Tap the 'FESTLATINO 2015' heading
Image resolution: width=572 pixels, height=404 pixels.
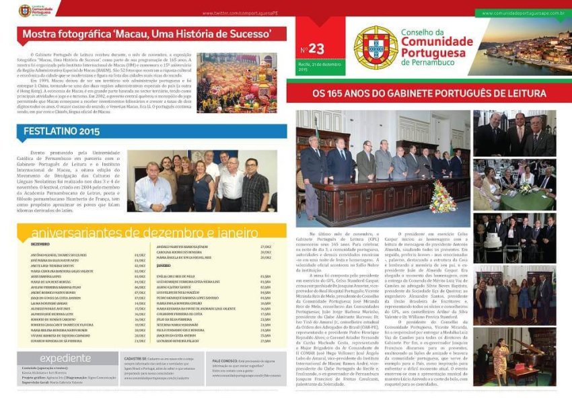point(61,131)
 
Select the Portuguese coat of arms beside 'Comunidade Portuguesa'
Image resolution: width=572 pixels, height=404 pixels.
point(376,48)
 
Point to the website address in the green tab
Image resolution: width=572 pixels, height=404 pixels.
point(524,13)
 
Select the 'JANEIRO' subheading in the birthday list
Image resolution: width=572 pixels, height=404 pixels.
point(165,266)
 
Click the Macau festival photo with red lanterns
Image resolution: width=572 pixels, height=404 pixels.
point(236,82)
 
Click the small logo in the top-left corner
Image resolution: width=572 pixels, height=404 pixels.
point(25,9)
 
